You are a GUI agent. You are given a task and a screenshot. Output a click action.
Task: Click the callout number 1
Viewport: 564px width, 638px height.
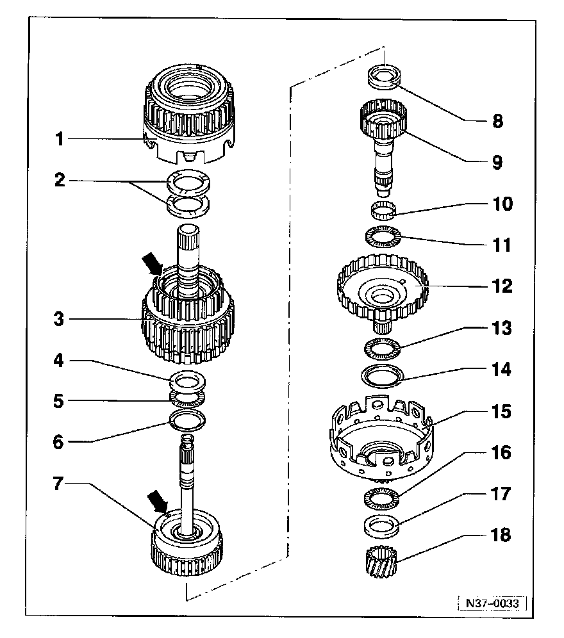pyautogui.click(x=60, y=139)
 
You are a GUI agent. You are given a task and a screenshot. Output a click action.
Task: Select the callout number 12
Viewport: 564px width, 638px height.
pyautogui.click(x=502, y=286)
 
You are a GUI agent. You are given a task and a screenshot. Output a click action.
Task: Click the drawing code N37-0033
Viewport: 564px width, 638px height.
pyautogui.click(x=492, y=603)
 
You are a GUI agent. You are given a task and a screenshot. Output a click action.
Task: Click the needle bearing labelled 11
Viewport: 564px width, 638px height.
pyautogui.click(x=383, y=238)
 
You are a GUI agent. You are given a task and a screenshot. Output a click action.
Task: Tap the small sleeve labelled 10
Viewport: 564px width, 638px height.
pyautogui.click(x=383, y=209)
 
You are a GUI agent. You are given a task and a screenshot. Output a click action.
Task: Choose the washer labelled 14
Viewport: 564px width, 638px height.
pyautogui.click(x=383, y=375)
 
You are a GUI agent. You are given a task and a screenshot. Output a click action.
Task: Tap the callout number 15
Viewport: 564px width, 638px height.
pyautogui.click(x=502, y=411)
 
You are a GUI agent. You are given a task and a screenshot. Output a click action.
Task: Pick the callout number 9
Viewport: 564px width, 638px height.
pyautogui.click(x=497, y=162)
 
